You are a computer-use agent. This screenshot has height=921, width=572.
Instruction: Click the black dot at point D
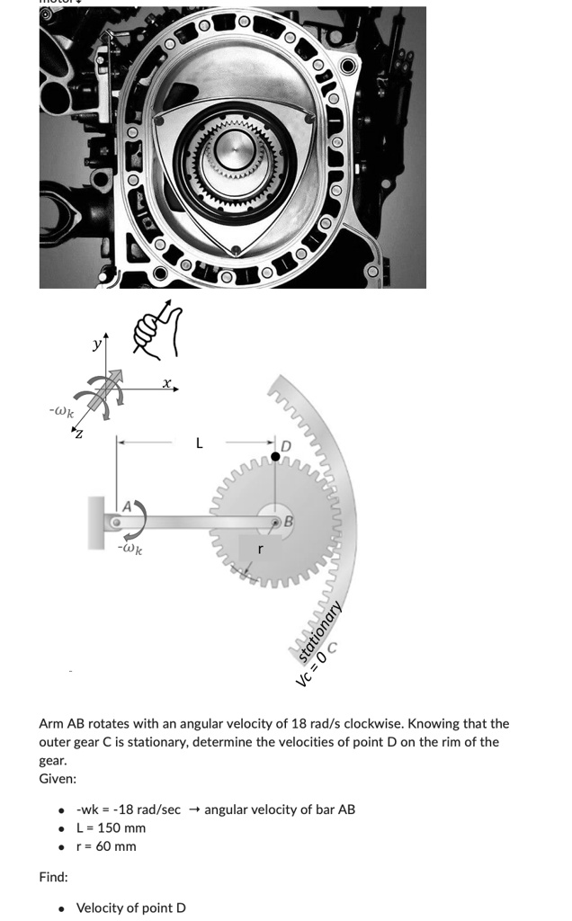click(x=276, y=457)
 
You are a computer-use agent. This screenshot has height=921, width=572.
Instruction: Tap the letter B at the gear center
click(x=289, y=521)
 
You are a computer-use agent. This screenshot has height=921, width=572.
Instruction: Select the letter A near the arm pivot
click(x=128, y=506)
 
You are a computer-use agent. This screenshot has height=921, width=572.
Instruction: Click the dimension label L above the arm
click(x=200, y=443)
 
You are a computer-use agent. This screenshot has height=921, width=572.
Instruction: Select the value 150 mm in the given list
click(x=122, y=827)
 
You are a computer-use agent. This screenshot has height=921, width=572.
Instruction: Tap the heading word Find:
click(x=53, y=876)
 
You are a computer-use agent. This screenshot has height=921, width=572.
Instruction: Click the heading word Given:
click(x=58, y=778)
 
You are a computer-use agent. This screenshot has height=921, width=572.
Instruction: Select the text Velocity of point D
click(x=130, y=908)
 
